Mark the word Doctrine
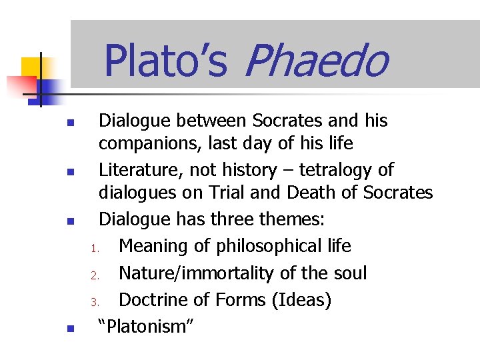[x=158, y=300]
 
